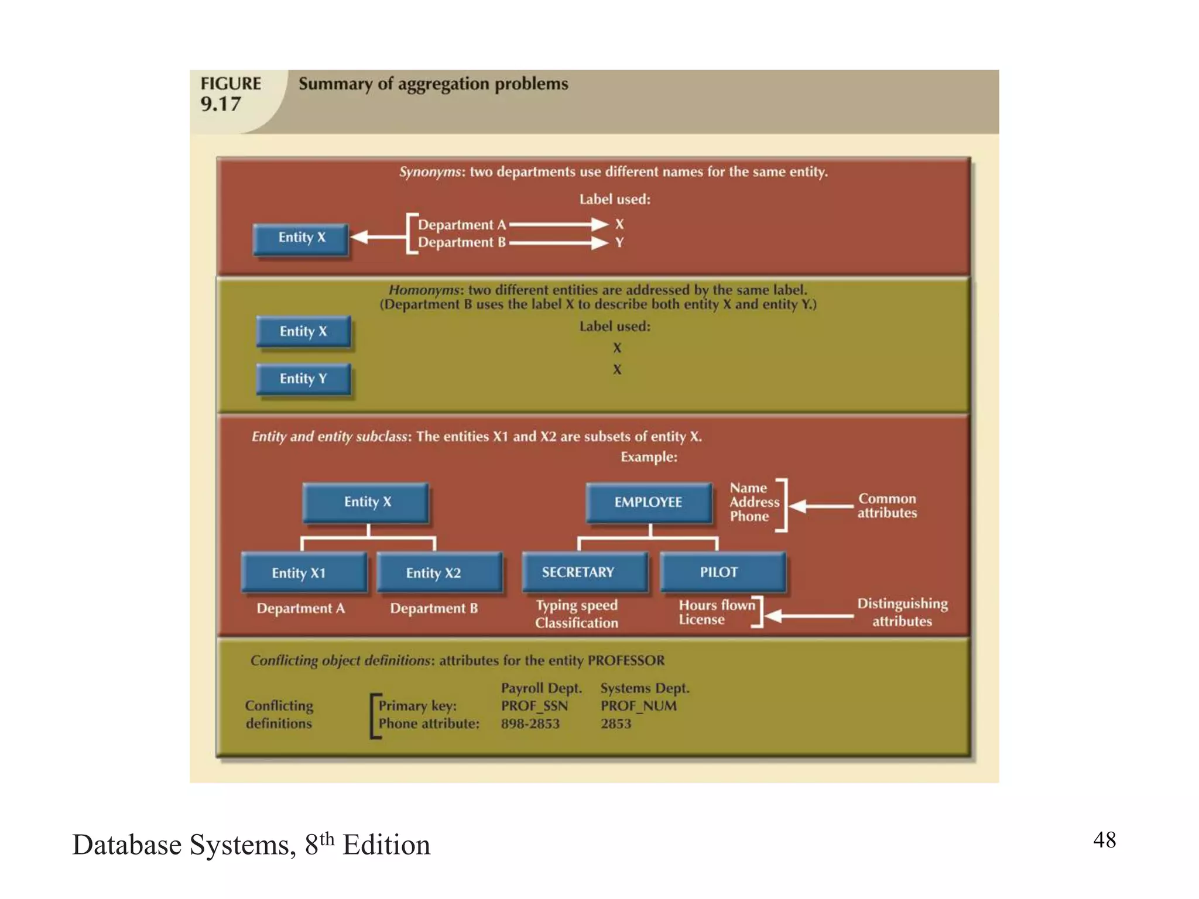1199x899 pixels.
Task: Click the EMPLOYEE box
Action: tap(648, 502)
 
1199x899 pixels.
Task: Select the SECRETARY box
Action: tap(578, 572)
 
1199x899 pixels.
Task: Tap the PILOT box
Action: tap(719, 572)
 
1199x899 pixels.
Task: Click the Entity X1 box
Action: tap(299, 572)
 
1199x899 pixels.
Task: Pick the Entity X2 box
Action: tap(433, 572)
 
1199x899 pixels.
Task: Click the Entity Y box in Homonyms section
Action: tap(303, 379)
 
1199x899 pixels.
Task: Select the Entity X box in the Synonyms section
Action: tap(302, 238)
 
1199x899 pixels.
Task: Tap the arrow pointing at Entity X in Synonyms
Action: tap(378, 237)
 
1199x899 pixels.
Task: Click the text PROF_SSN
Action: tap(534, 706)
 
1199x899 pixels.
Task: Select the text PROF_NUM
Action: tap(638, 706)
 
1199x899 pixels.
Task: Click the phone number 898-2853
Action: tap(530, 723)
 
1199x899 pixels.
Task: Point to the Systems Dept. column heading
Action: tap(645, 688)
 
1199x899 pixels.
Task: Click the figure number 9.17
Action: tap(221, 104)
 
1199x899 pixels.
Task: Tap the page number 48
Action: tap(1104, 839)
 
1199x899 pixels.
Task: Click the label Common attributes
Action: tap(887, 506)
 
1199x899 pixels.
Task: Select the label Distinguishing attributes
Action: tap(902, 612)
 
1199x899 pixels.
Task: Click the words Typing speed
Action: tap(577, 605)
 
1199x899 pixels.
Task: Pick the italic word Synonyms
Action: tap(430, 172)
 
